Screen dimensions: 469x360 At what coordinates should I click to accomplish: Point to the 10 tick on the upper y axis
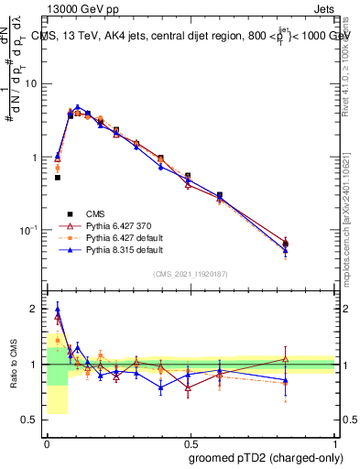coord(34,84)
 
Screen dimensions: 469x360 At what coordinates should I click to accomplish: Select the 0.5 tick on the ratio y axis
coord(32,420)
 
